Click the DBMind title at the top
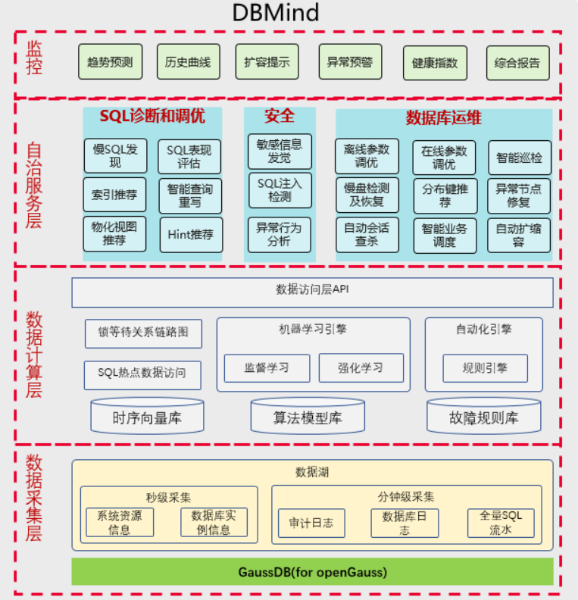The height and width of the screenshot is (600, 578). (276, 13)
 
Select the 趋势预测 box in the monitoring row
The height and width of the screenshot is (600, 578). (110, 62)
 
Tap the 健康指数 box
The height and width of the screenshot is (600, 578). (435, 63)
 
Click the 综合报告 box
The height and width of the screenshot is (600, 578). (517, 63)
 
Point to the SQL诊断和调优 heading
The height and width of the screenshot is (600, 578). (152, 117)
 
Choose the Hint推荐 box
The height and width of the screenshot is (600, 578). (191, 235)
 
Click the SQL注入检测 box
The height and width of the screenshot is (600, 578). (280, 190)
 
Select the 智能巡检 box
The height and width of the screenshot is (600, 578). (519, 158)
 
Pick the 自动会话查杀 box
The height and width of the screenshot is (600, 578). (367, 235)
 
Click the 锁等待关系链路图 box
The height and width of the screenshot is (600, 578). (143, 333)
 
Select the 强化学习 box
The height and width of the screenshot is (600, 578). (361, 368)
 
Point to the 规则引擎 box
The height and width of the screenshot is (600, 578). (485, 368)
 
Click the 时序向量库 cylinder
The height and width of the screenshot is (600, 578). (147, 417)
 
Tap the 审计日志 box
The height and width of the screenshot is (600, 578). (311, 523)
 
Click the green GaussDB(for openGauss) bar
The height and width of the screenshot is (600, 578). (312, 571)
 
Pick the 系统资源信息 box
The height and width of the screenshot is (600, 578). (120, 523)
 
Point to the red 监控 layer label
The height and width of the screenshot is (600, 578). (35, 58)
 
